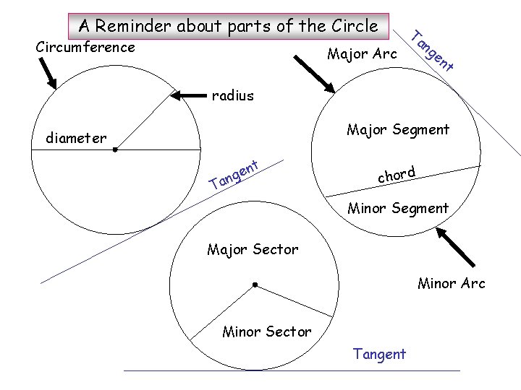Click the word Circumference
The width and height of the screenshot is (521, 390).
[x=85, y=48]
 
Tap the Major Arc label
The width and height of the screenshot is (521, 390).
[x=362, y=54]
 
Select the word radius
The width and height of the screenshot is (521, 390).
[x=232, y=95]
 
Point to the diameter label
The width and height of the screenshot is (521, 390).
[x=75, y=138]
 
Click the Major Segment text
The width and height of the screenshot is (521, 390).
[x=398, y=130]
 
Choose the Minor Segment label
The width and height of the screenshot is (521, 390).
[x=398, y=209]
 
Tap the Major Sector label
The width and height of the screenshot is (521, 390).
[x=253, y=250]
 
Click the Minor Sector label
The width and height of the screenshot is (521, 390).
[x=267, y=332]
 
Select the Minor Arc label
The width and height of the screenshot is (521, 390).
[x=452, y=284]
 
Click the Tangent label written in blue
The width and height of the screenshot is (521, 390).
[x=379, y=354]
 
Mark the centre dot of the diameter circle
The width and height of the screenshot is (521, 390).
[x=114, y=150]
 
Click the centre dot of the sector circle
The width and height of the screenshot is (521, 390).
[x=255, y=285]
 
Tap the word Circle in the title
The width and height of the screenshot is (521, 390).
[x=354, y=26]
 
